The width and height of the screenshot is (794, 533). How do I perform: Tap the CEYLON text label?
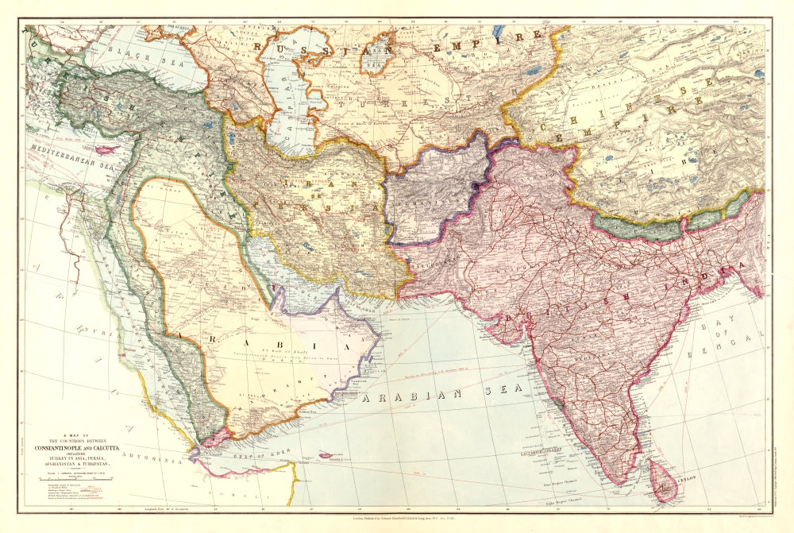692,480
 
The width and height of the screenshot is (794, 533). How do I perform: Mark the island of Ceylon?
664,485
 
